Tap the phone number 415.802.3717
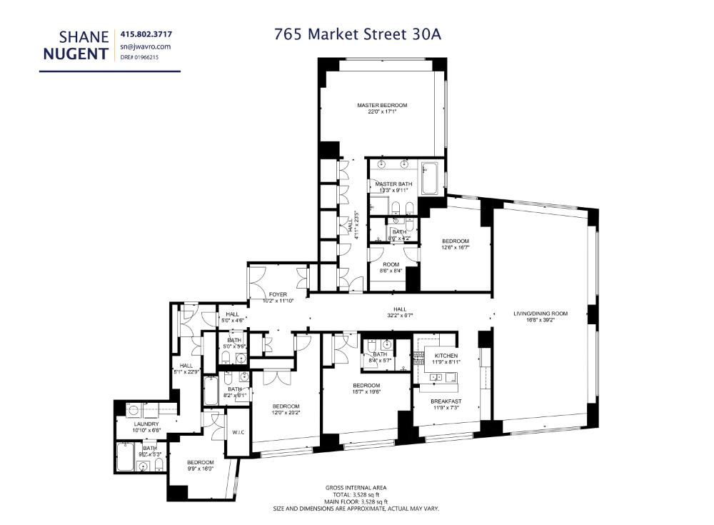146,34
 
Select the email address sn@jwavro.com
146,46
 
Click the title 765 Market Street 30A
361,33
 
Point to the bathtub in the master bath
430,179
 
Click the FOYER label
277,294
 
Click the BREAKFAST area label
446,401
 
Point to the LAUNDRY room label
146,424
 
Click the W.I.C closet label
238,431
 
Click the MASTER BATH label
393,184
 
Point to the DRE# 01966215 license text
139,57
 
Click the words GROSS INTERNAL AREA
356,488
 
